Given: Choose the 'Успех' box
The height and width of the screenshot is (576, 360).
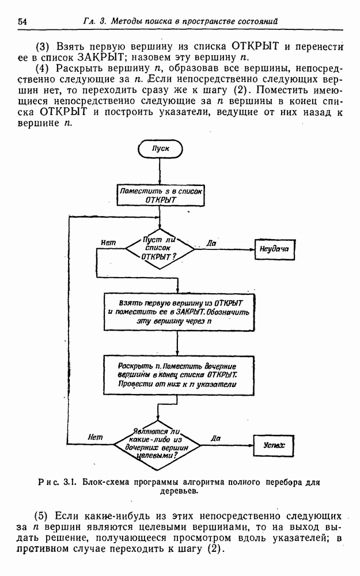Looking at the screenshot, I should (275, 445).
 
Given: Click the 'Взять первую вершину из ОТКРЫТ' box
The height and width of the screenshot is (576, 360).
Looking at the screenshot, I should (179, 313).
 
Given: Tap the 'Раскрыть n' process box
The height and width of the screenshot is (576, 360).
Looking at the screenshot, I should (179, 374).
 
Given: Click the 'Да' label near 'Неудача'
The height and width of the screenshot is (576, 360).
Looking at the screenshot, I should (211, 242).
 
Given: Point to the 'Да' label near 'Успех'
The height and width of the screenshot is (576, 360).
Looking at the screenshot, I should (216, 438).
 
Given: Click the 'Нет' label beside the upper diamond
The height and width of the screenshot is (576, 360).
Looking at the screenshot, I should (108, 242).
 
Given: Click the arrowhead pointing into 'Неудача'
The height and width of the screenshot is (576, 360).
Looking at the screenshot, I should (251, 249).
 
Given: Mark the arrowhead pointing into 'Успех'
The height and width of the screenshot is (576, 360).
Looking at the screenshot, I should (251, 445).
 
